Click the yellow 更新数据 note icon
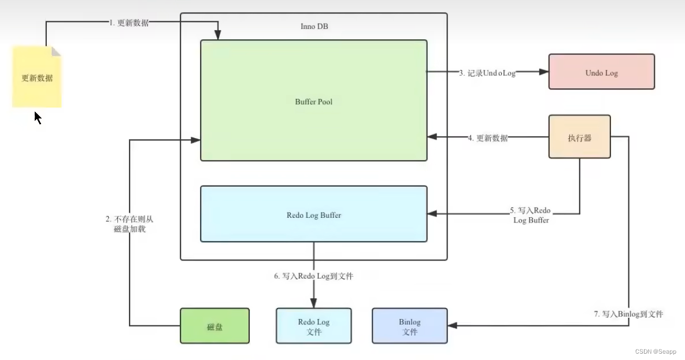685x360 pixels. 36,77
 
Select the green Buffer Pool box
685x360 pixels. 313,101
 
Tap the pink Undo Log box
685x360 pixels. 601,72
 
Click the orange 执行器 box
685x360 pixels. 579,138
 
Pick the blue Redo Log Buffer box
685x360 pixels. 313,214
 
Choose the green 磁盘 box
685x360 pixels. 214,326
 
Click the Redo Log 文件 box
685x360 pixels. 313,326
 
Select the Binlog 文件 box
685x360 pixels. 409,326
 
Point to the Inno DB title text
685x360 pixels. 314,27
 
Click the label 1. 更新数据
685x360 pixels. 129,23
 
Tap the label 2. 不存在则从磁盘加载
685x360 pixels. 129,224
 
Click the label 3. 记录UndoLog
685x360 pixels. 487,73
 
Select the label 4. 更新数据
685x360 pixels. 488,138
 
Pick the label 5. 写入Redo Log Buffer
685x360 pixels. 531,215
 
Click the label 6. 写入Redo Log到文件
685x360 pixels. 313,276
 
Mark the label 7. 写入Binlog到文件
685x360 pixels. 628,314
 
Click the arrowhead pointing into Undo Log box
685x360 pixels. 543,72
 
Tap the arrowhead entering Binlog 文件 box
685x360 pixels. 453,326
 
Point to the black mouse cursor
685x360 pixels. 38,118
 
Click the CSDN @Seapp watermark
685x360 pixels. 655,351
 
